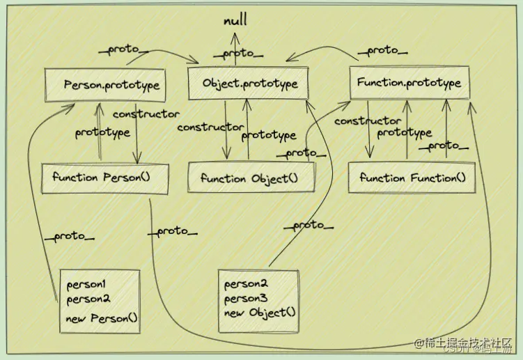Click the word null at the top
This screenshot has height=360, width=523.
(235, 22)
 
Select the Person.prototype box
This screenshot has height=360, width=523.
(112, 86)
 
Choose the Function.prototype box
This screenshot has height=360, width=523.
(409, 83)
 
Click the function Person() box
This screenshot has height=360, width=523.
(102, 177)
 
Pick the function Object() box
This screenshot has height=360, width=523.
(249, 178)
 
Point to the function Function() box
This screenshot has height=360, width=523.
(412, 178)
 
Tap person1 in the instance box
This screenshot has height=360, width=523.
(85, 285)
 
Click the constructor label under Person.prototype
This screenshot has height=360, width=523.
(146, 114)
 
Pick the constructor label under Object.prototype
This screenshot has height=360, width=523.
(210, 127)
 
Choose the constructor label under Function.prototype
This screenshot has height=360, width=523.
(368, 121)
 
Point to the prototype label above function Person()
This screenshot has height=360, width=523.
(102, 132)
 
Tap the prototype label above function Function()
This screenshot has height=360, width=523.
(405, 132)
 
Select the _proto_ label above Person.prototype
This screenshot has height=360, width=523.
(124, 50)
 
